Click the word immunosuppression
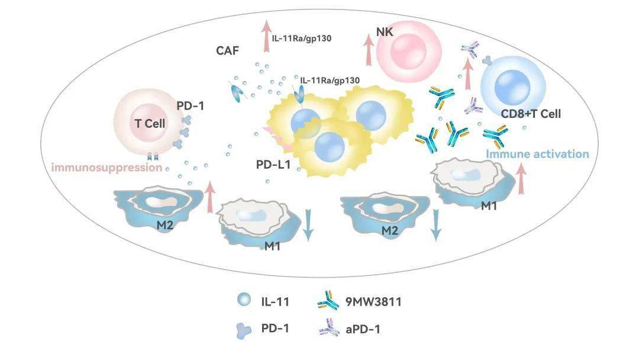point(107,168)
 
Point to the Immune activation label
point(537,155)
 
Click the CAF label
point(227,51)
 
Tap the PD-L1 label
point(272,165)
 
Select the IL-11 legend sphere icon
point(243,301)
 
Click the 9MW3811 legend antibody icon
point(326,302)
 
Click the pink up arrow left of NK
point(368,49)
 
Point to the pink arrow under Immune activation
point(522,180)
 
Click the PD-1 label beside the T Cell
point(191,106)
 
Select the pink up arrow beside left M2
point(209,198)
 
